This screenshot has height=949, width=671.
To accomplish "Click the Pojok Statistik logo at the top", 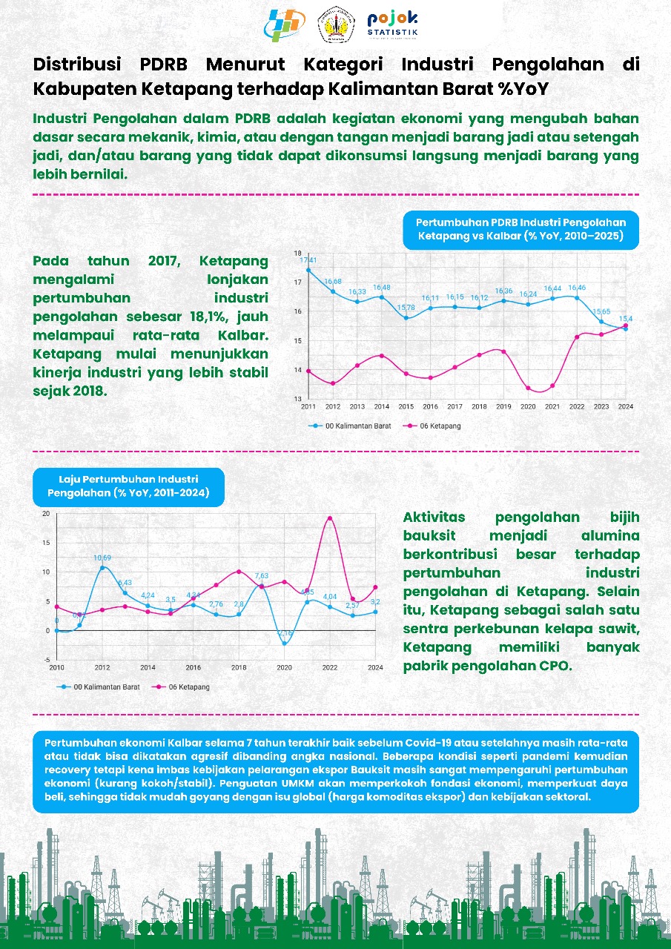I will pyautogui.click(x=392, y=26).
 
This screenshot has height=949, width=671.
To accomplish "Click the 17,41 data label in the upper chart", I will pyautogui.click(x=308, y=260).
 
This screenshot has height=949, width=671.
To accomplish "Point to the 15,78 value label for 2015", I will pyautogui.click(x=406, y=308).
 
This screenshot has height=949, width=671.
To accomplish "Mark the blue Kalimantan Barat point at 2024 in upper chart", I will pyautogui.click(x=626, y=328).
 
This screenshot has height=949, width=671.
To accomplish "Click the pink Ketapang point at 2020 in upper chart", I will pyautogui.click(x=529, y=388).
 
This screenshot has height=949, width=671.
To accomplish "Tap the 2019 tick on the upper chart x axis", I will pyautogui.click(x=504, y=407).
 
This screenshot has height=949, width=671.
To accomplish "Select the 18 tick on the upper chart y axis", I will pyautogui.click(x=297, y=253).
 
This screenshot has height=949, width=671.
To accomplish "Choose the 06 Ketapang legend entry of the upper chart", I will pyautogui.click(x=435, y=426).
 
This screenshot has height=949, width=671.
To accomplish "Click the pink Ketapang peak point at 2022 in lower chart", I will pyautogui.click(x=330, y=518).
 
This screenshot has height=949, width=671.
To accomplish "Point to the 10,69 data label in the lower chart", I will pyautogui.click(x=102, y=558).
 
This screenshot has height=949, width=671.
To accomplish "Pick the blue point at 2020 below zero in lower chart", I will pyautogui.click(x=284, y=644).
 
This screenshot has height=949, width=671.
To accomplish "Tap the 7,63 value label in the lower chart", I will pyautogui.click(x=261, y=576).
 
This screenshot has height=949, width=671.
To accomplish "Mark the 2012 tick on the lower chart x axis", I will pyautogui.click(x=102, y=668).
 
